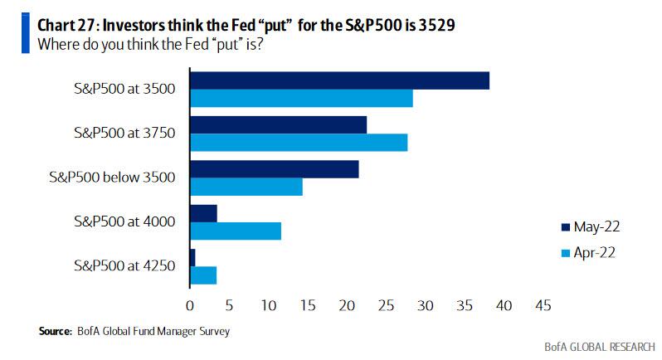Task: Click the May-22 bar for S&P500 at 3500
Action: coord(339,80)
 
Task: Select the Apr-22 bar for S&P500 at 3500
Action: coord(301,98)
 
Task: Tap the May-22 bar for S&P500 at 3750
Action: coord(278,124)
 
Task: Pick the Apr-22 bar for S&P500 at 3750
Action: coord(299,142)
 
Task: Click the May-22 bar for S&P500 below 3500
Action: coord(275,169)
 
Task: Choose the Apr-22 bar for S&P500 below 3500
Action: coord(246,187)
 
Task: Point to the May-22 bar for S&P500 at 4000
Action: coord(204,213)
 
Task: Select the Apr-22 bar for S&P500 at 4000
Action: coord(236,231)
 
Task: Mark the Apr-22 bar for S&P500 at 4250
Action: coord(204,275)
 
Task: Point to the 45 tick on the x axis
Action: coord(543,305)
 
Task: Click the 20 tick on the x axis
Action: coord(347,305)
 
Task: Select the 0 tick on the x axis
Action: coord(190,305)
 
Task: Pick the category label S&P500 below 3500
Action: coord(124,177)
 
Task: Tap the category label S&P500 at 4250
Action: coord(124,265)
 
